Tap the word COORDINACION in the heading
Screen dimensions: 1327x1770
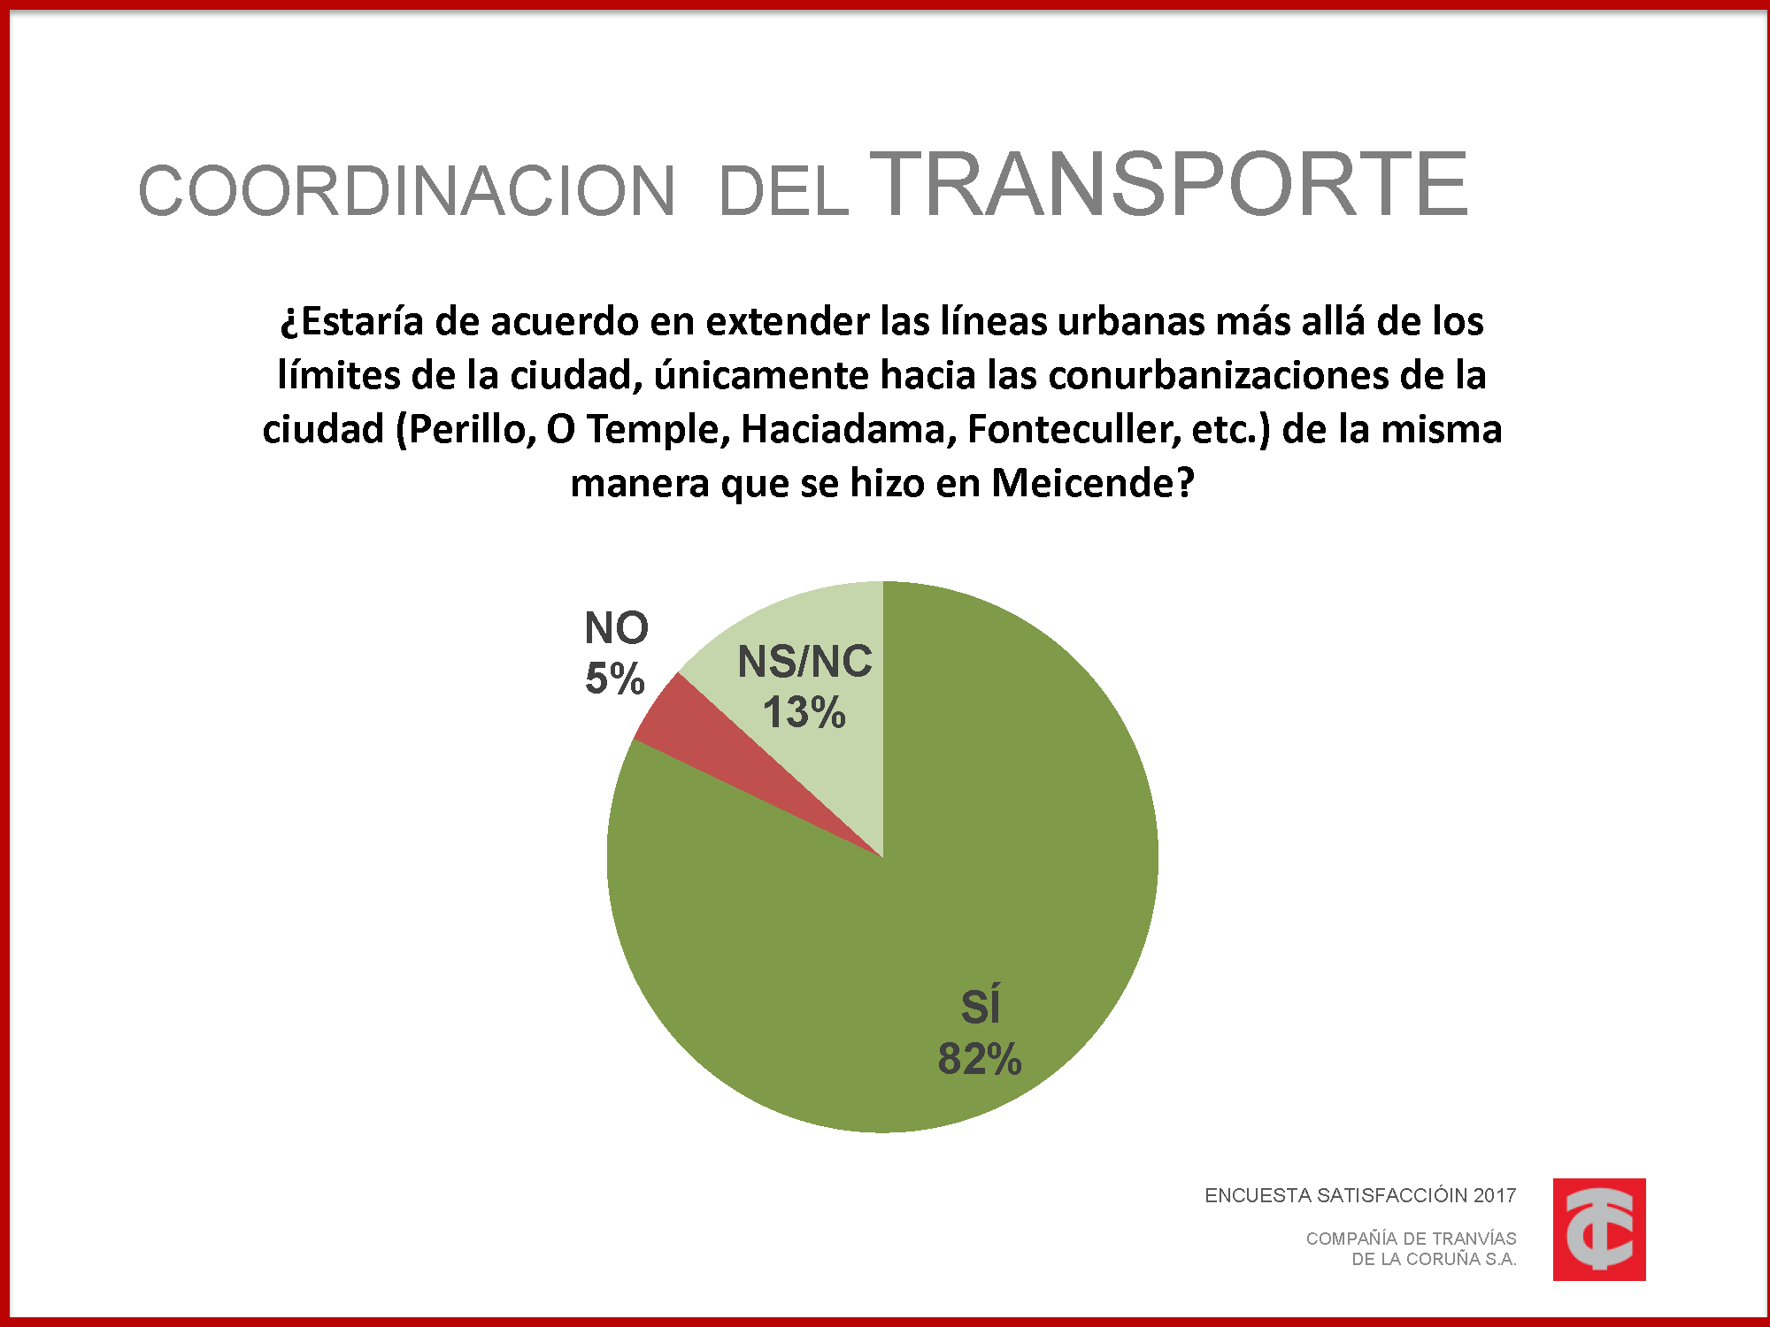tap(407, 191)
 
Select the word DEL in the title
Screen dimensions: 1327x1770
tap(783, 193)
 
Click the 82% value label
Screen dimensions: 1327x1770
tap(980, 1059)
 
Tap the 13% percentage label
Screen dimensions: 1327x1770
tap(804, 713)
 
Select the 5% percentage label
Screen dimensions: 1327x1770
tap(614, 679)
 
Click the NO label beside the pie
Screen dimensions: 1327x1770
tap(617, 629)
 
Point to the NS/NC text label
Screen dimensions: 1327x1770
tap(804, 662)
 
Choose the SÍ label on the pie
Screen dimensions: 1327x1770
tap(981, 1008)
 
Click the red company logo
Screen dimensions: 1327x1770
tap(1599, 1229)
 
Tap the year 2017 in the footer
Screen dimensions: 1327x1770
tap(1494, 1196)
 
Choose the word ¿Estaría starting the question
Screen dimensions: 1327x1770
tap(352, 322)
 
